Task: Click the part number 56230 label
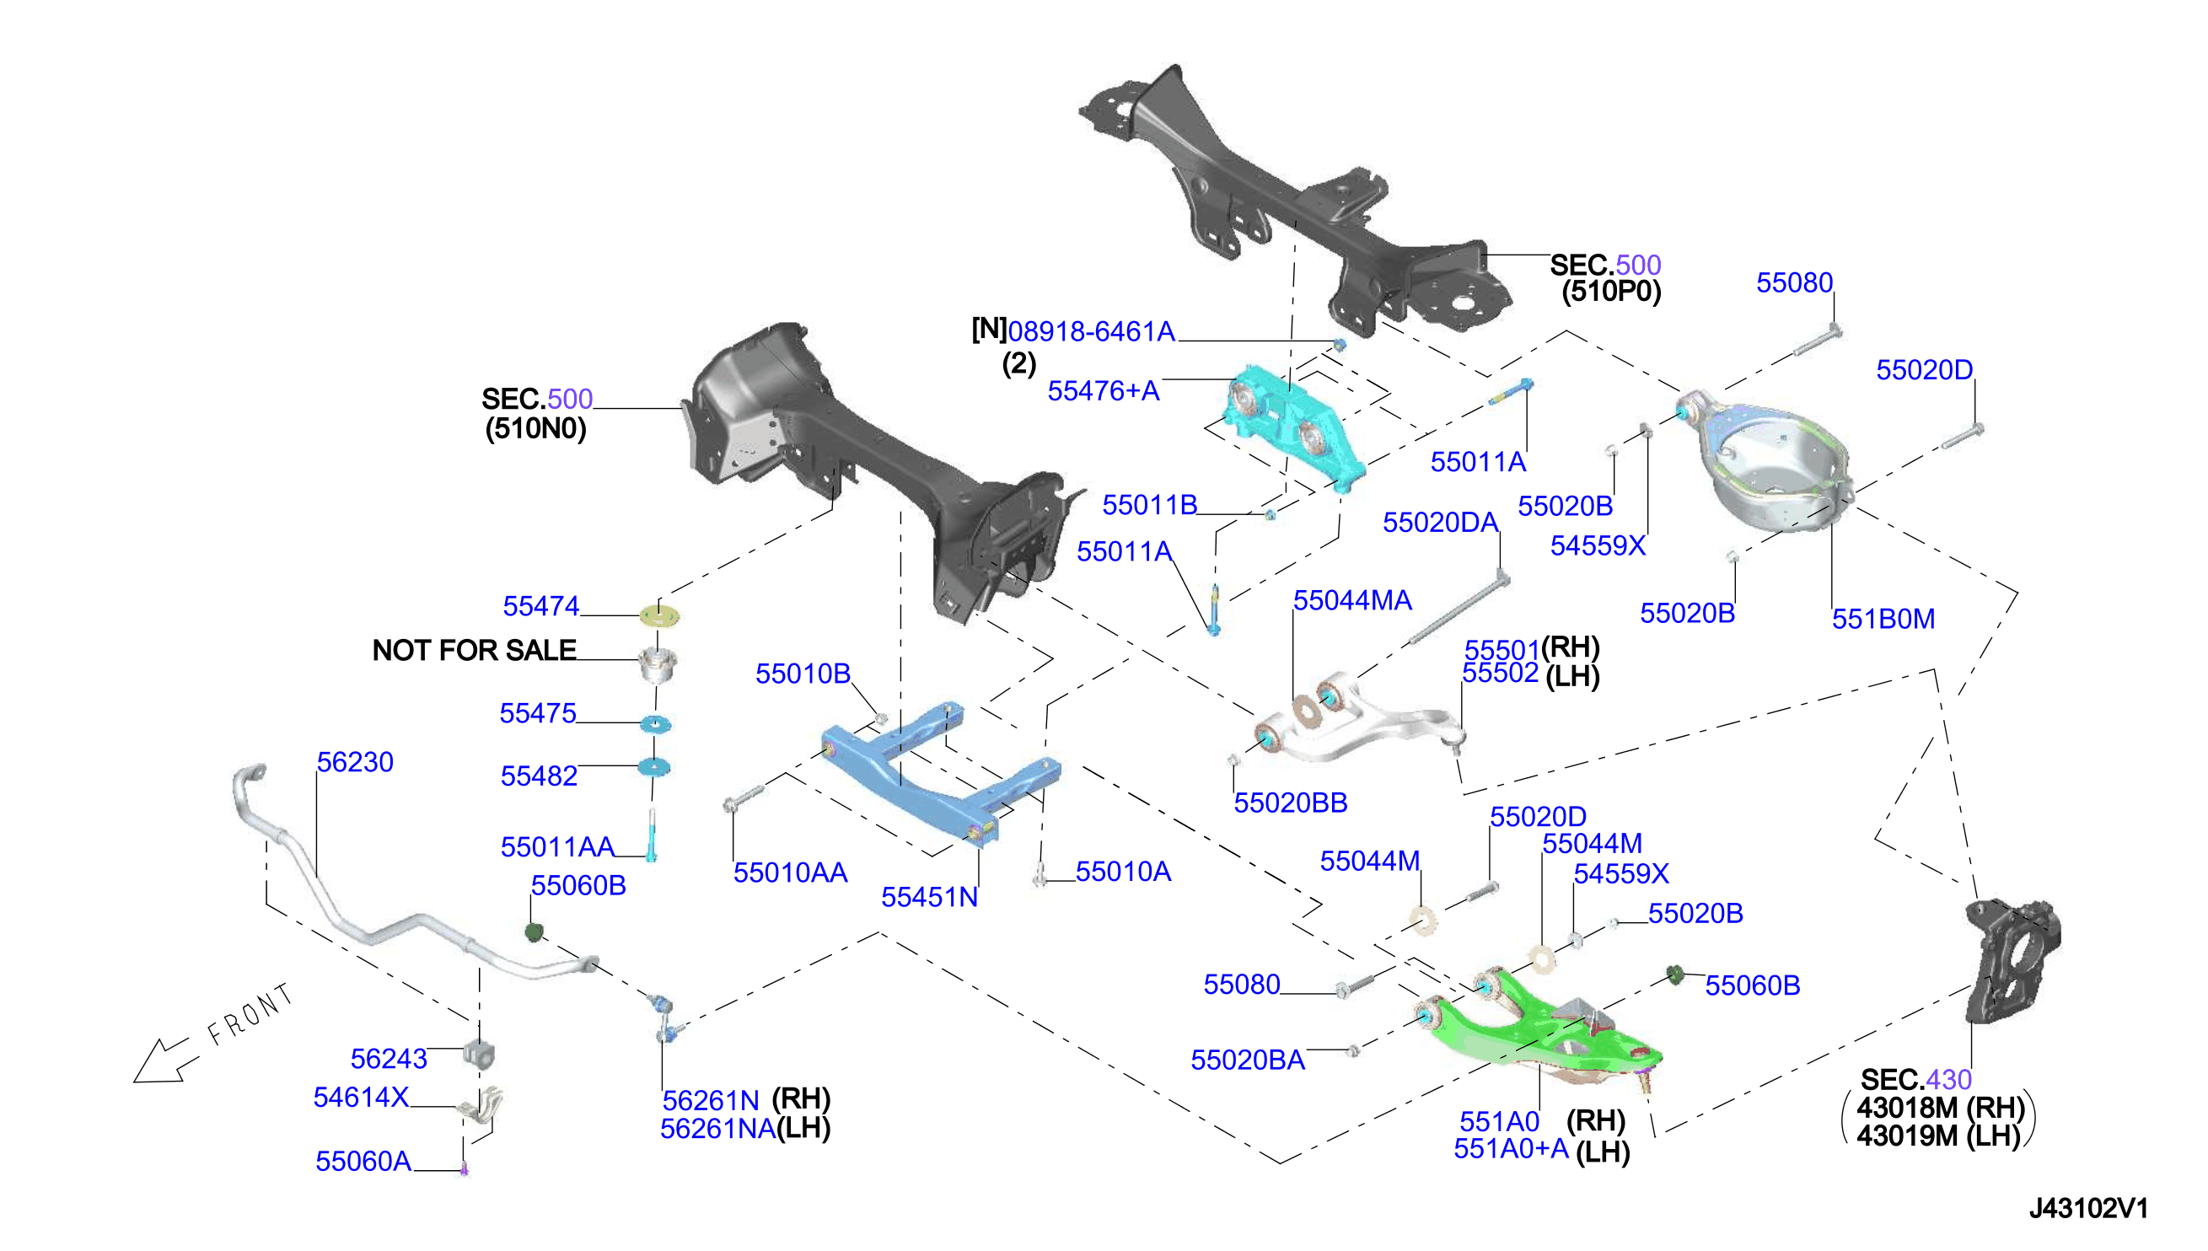pos(355,762)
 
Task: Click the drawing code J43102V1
pos(2087,1209)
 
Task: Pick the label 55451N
pos(930,898)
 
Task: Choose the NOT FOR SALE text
pos(475,651)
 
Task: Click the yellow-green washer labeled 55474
pos(660,615)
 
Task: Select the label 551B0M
pos(1883,620)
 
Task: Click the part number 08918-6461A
pos(1091,331)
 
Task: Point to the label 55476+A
pos(1103,392)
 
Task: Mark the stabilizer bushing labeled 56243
pos(480,1055)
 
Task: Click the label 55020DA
pos(1440,523)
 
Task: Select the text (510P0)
pos(1611,293)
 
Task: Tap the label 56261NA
pos(717,1129)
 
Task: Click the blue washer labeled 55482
pos(655,766)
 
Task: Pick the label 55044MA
pos(1352,600)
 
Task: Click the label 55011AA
pos(557,847)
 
